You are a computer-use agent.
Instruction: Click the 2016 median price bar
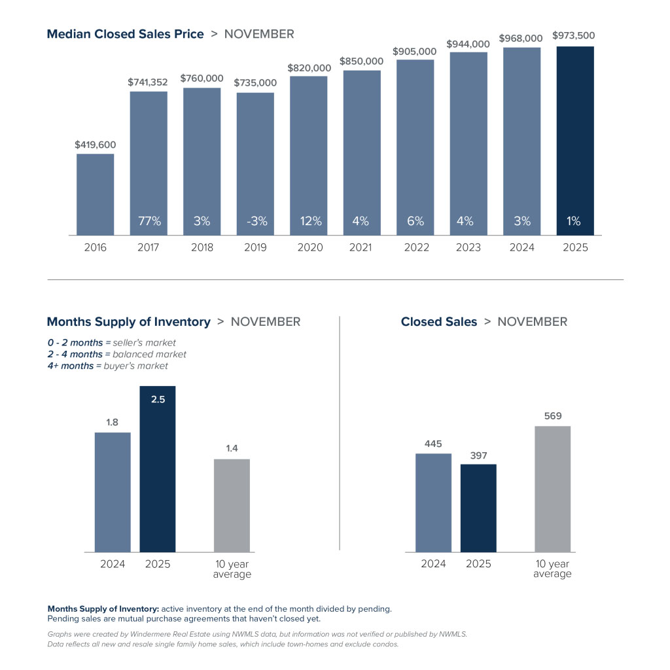[95, 194]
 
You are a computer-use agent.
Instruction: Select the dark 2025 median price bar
[575, 141]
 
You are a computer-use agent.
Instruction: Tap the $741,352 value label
[148, 82]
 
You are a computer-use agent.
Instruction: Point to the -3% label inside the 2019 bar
[255, 221]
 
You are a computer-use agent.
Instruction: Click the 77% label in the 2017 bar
[149, 221]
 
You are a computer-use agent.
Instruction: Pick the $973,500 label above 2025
[574, 36]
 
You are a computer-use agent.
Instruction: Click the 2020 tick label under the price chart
[308, 247]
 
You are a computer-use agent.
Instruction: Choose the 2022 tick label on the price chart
[416, 247]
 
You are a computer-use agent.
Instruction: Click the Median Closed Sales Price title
[125, 34]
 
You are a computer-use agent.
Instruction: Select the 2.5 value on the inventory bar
[158, 399]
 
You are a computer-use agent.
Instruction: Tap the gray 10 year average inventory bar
[232, 505]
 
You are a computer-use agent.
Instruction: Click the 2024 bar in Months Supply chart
[113, 492]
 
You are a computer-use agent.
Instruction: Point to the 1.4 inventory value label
[232, 448]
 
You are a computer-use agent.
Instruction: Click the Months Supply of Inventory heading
[129, 322]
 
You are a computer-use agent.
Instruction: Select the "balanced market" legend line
[116, 354]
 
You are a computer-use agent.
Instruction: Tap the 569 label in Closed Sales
[552, 415]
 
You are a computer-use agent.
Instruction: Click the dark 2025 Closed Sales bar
[478, 508]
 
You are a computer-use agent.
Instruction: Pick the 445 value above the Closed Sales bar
[433, 443]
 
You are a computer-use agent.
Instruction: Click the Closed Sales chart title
[439, 322]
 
